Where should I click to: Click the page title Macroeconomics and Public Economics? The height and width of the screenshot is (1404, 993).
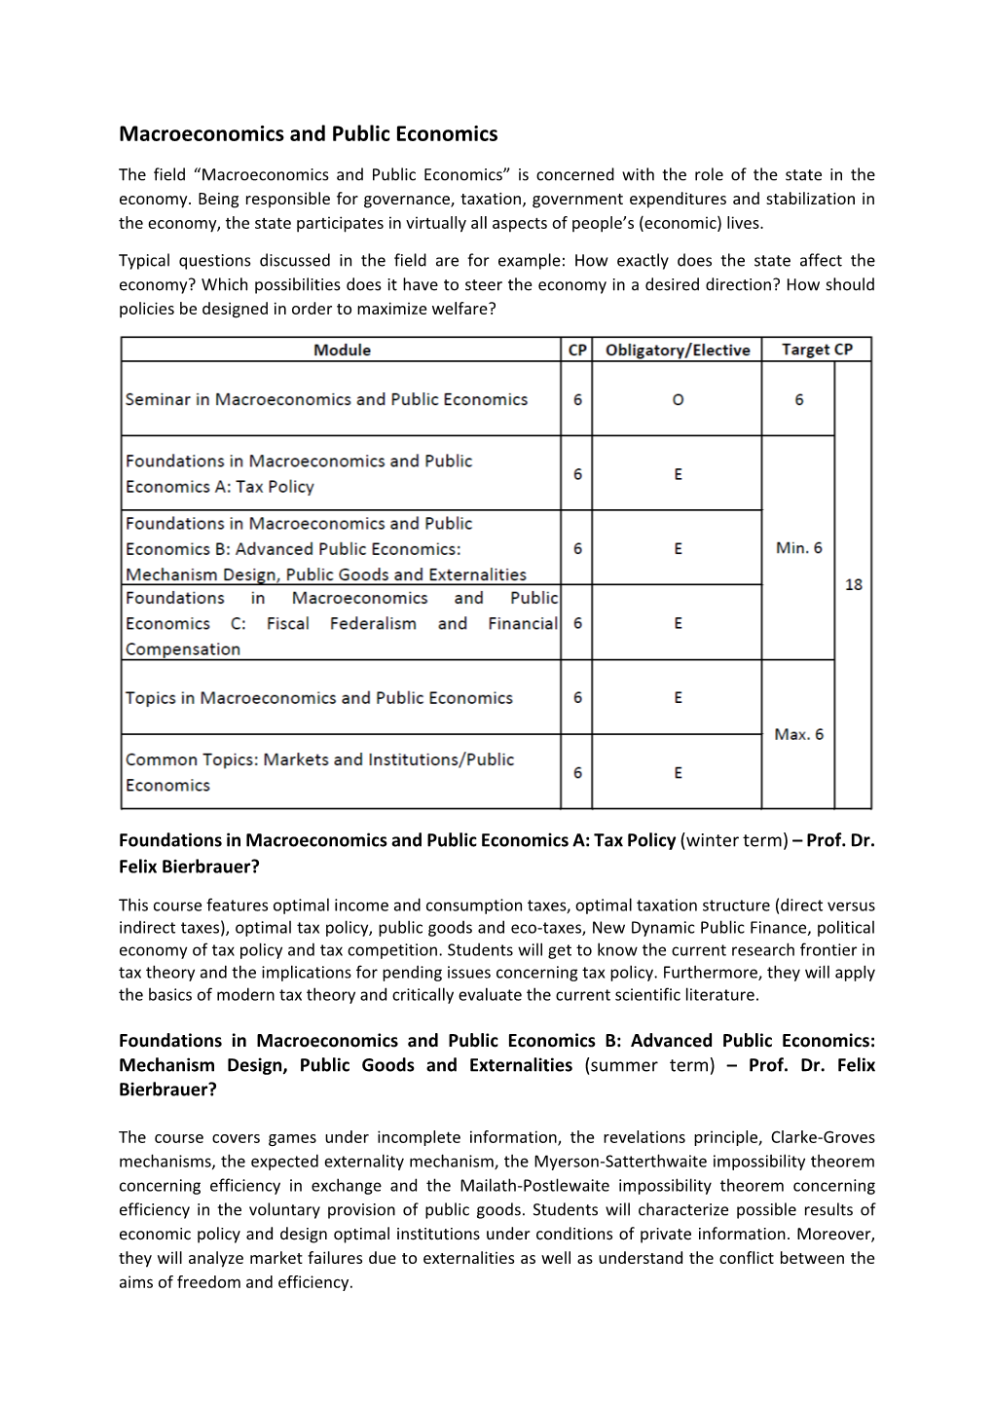pos(308,134)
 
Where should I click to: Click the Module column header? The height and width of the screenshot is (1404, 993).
pos(342,350)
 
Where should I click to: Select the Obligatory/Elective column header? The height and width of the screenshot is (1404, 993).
pos(678,350)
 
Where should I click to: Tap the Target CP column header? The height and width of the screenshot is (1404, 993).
pos(817,350)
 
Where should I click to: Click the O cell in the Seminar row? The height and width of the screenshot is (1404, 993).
pos(678,399)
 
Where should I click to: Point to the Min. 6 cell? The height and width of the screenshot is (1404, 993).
pos(798,548)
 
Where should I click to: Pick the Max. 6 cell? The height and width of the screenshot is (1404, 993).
pos(798,734)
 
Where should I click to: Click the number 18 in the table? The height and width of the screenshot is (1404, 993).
pos(853,585)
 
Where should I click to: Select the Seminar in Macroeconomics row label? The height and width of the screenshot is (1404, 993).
pos(326,399)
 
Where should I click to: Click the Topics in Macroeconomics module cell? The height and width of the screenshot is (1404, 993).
pos(318,698)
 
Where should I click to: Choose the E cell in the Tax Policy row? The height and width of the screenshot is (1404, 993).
pos(678,474)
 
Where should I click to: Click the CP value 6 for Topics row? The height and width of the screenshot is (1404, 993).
pos(577,698)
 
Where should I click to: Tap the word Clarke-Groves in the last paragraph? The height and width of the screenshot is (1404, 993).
pos(823,1137)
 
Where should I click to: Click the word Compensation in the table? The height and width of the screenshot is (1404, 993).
pos(183,649)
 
